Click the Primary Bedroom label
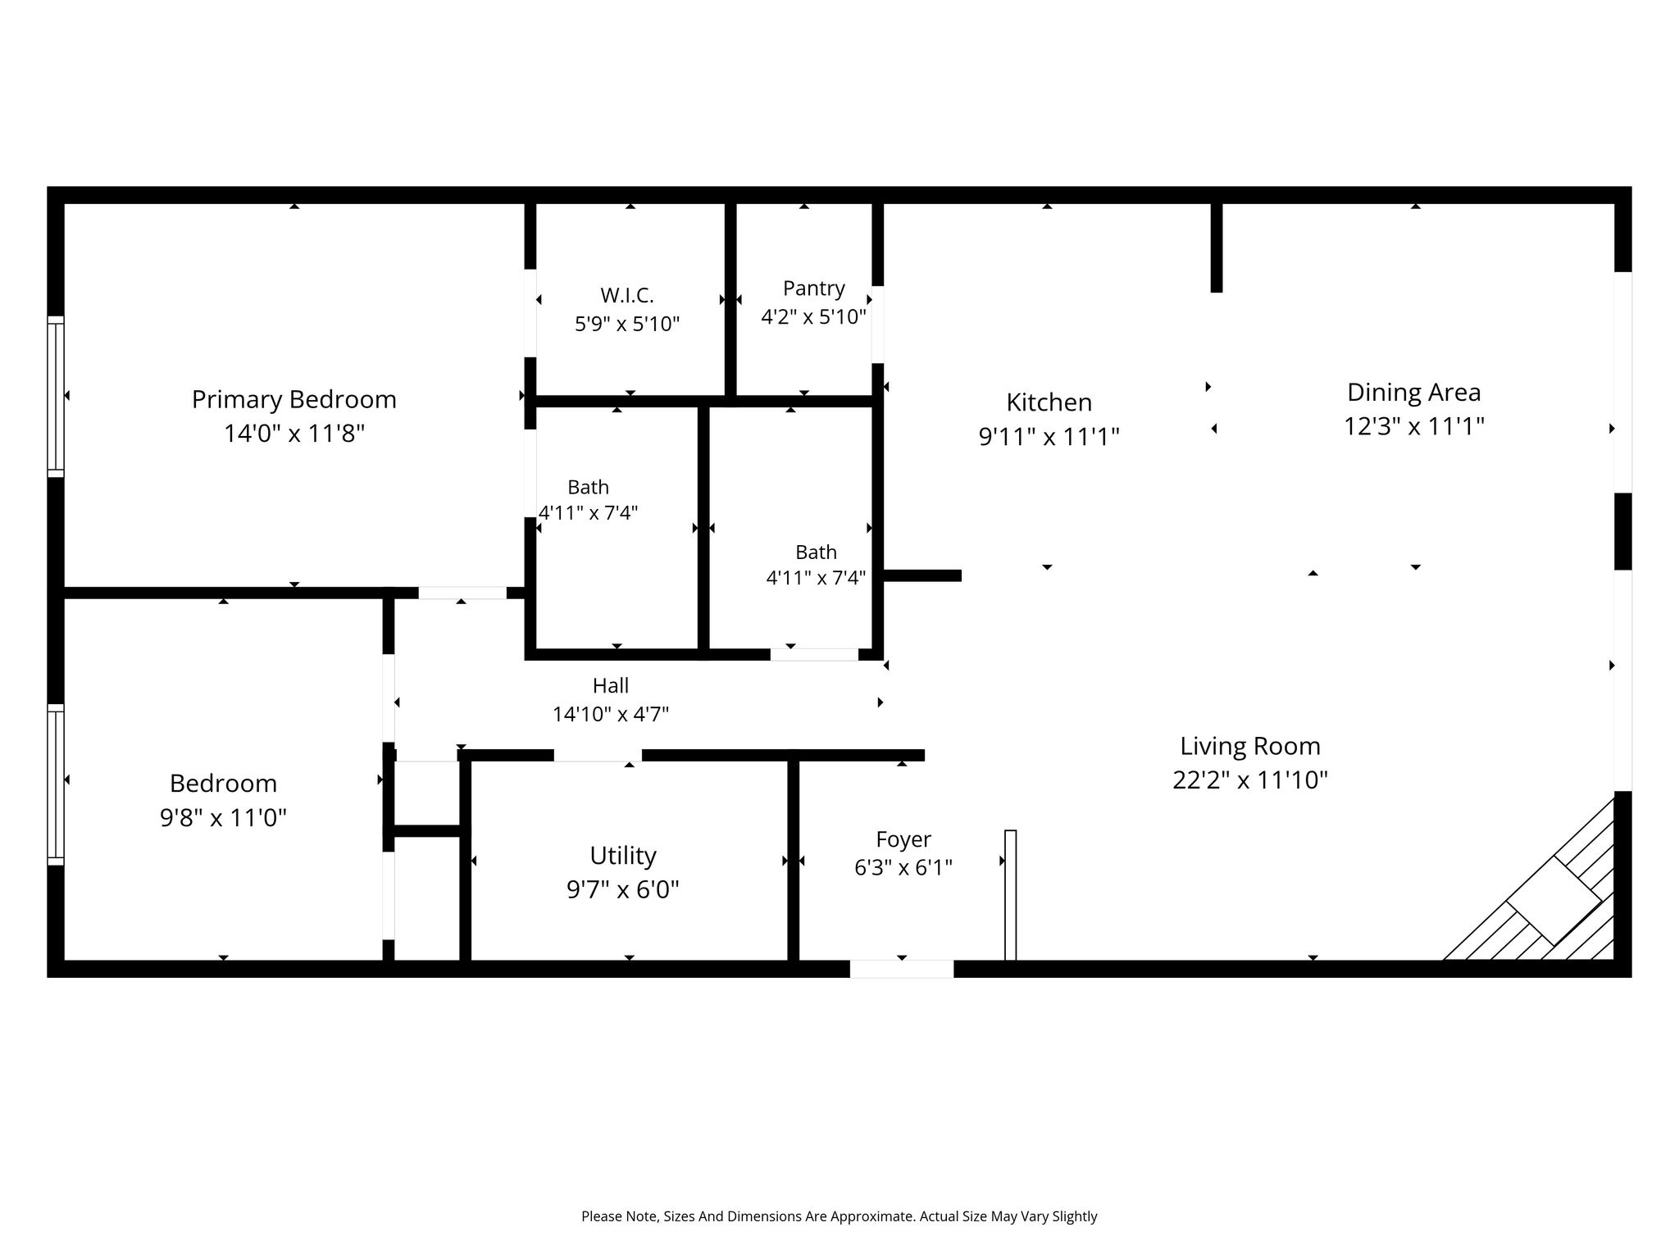coord(293,400)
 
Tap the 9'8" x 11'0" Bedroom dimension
coord(223,817)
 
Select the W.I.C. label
coord(627,295)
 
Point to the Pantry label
coord(813,289)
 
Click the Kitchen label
coord(1049,402)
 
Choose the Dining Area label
coord(1414,393)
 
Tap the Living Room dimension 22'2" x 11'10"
coord(1250,779)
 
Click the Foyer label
coord(903,840)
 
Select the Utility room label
coord(623,856)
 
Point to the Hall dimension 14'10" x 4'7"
coord(611,714)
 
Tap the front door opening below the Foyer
coord(902,969)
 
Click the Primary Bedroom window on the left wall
coord(56,397)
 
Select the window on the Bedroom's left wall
coord(56,784)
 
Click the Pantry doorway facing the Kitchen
coord(877,325)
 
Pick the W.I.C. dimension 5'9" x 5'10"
coord(627,325)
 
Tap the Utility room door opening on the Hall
coord(598,755)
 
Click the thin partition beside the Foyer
coord(1011,895)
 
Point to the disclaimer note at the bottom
coord(839,1216)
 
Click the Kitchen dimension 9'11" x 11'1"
coord(1049,437)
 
